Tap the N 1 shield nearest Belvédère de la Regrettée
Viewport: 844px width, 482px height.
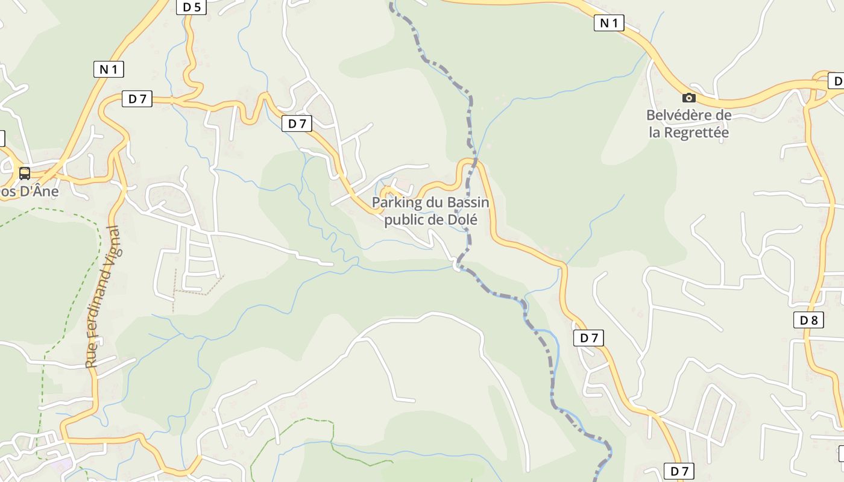609,23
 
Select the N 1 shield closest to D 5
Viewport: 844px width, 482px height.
109,69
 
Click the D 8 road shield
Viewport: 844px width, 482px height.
808,321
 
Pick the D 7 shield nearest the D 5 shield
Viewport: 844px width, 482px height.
137,99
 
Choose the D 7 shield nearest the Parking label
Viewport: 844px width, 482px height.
297,124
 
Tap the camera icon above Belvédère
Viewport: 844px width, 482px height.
688,98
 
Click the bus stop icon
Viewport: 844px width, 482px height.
25,174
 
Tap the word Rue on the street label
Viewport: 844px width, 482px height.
92,356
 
